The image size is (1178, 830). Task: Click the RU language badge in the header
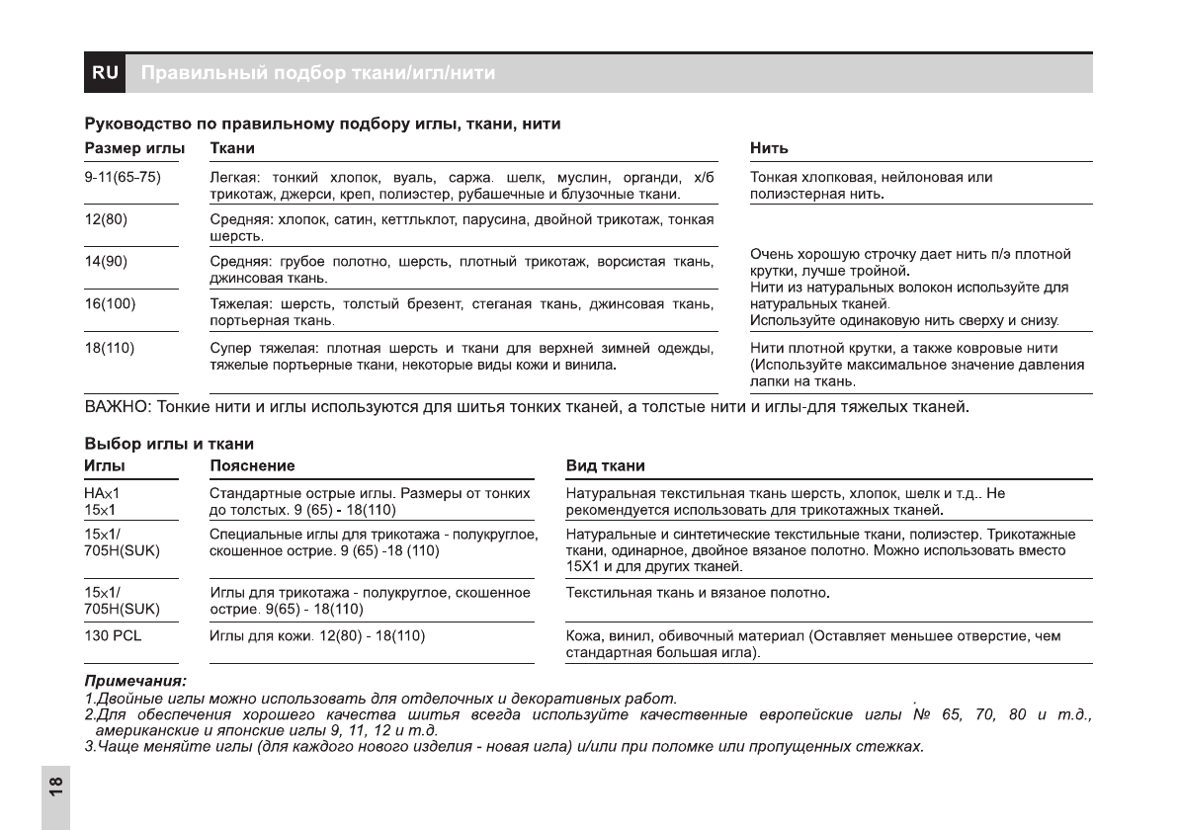105,73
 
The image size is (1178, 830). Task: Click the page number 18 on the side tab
56,788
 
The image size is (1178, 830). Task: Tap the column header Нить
769,148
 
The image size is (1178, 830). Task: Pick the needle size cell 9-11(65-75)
123,177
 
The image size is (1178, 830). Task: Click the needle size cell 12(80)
106,218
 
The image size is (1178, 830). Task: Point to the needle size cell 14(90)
106,261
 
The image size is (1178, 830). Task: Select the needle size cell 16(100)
110,303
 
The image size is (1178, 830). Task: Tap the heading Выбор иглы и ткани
168,445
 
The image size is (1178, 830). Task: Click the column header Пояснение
252,465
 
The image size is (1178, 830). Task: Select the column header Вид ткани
605,465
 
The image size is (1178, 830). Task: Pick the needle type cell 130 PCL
113,635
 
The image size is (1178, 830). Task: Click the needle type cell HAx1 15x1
102,501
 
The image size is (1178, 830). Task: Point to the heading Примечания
135,681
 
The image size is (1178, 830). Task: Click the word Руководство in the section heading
132,124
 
